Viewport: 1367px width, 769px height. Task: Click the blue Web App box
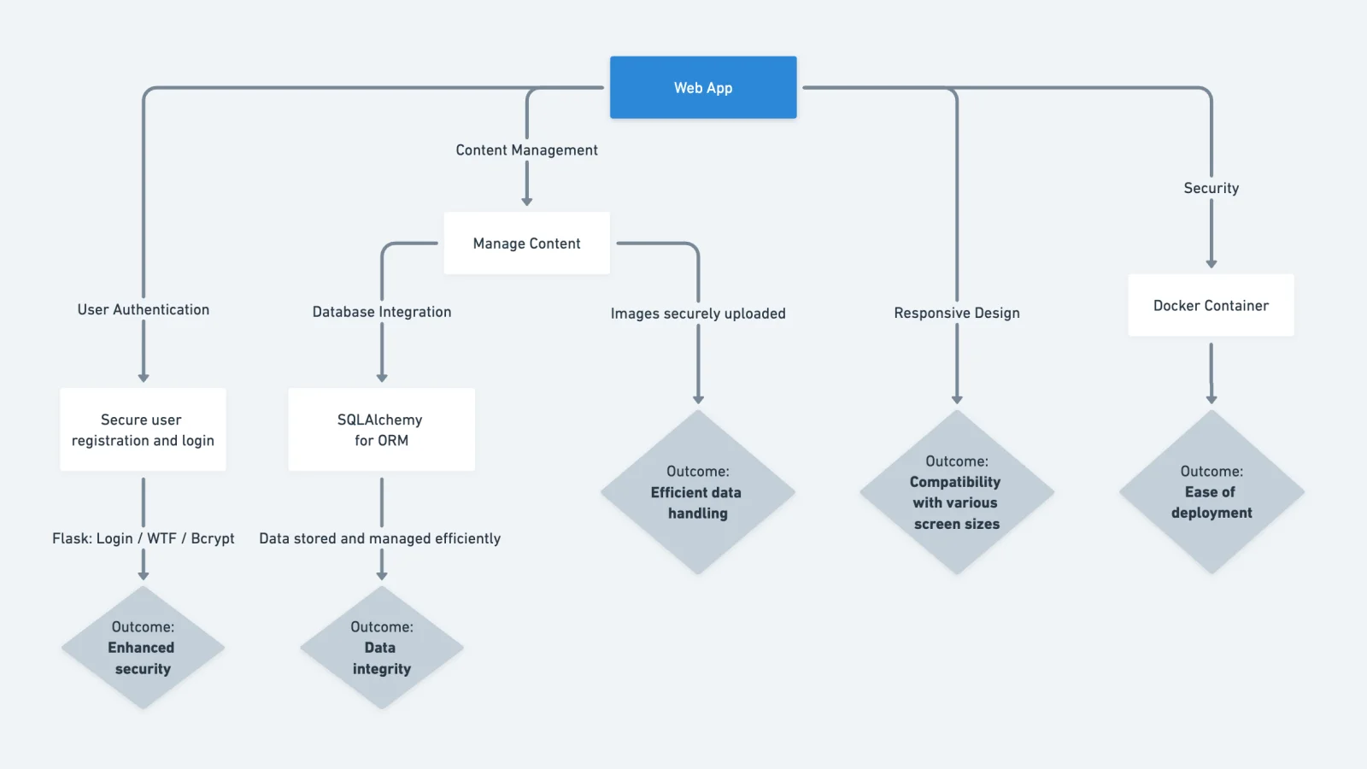[x=702, y=87]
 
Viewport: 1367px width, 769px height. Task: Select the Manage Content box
[x=526, y=244]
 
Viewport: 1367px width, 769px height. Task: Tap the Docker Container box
[x=1211, y=305]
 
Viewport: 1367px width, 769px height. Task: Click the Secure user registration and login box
[x=143, y=430]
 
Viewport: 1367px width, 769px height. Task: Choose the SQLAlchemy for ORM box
[x=381, y=430]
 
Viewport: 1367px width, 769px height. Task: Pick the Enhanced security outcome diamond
[x=143, y=648]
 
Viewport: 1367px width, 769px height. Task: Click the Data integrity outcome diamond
[x=381, y=648]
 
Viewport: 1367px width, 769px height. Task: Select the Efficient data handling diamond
[x=697, y=492]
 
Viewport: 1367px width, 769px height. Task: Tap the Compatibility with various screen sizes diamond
[x=956, y=492]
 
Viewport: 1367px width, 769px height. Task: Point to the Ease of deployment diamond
[x=1211, y=492]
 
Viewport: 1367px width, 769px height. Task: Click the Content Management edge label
[x=526, y=150]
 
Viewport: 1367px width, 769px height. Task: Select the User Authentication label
[x=143, y=309]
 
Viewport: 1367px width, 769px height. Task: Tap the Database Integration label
[x=381, y=312]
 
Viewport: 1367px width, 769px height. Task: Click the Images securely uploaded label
[x=697, y=314]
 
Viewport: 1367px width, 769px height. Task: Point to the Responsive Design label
[x=956, y=313]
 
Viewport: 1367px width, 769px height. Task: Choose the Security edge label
[x=1211, y=188]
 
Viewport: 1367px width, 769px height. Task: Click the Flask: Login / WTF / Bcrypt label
[x=143, y=538]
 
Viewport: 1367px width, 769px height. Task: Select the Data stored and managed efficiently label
[x=379, y=538]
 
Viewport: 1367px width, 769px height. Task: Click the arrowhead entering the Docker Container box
[x=1211, y=264]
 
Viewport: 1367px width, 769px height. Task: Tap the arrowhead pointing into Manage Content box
[x=526, y=202]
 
